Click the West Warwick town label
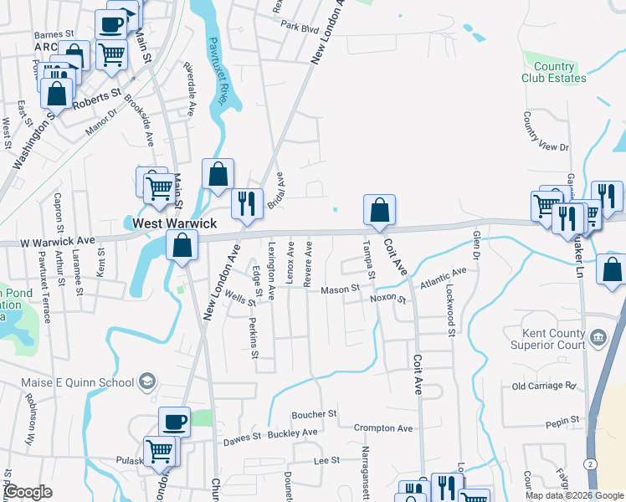(x=175, y=224)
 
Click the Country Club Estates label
(x=554, y=73)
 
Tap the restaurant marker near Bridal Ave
(x=247, y=204)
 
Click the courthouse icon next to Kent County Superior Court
(x=598, y=338)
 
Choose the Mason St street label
(x=341, y=289)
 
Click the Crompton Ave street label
(x=383, y=428)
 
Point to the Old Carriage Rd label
(x=545, y=387)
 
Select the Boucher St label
(x=314, y=414)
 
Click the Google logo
(x=28, y=492)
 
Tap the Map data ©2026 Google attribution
(x=573, y=495)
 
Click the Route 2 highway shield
(x=591, y=463)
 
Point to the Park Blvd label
(x=300, y=28)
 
